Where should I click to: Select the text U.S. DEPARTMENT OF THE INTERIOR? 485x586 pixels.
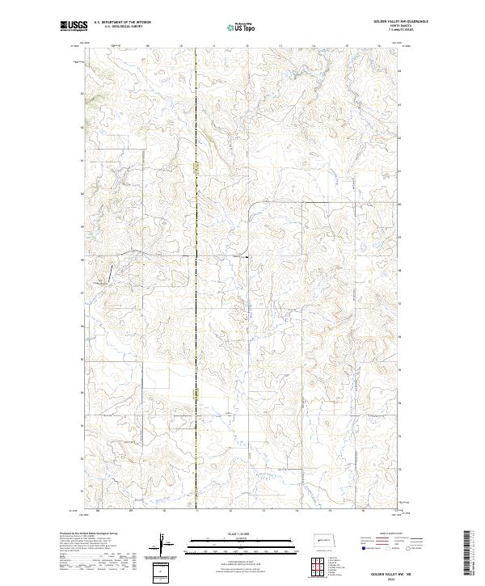coord(122,23)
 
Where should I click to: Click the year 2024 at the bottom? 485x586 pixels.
coord(399,579)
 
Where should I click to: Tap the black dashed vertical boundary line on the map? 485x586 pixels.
coord(197,323)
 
